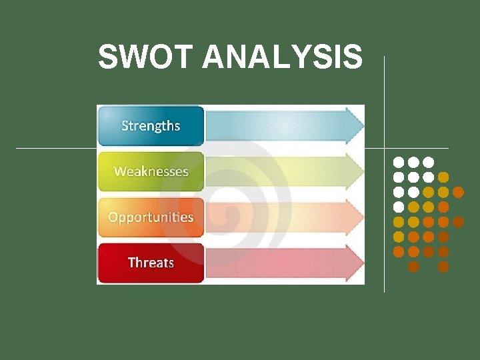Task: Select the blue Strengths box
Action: click(x=151, y=125)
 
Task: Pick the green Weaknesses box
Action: click(x=151, y=171)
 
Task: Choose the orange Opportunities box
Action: click(x=151, y=217)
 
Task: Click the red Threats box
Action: click(x=151, y=263)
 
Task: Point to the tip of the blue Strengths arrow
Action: click(x=363, y=125)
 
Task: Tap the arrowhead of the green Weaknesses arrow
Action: click(x=363, y=171)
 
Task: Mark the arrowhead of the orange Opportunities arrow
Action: click(x=363, y=217)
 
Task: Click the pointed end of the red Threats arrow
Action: click(x=363, y=263)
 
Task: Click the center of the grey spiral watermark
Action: click(x=230, y=215)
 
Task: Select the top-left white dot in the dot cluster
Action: click(x=399, y=162)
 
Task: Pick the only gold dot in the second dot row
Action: click(x=443, y=177)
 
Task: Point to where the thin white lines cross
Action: click(x=384, y=147)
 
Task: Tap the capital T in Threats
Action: click(x=131, y=263)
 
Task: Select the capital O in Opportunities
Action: click(x=113, y=217)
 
